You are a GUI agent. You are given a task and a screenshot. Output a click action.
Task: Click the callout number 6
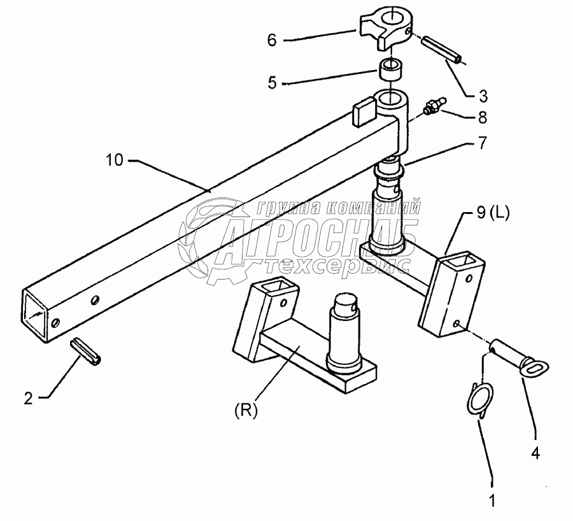[272, 39]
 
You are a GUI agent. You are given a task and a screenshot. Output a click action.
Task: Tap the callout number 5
[272, 83]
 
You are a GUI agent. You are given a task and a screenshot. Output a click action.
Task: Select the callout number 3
[483, 96]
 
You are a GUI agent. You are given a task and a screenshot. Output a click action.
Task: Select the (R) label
[245, 411]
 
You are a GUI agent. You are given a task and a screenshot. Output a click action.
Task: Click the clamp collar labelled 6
[386, 31]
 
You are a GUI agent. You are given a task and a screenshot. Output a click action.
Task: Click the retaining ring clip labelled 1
[479, 400]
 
